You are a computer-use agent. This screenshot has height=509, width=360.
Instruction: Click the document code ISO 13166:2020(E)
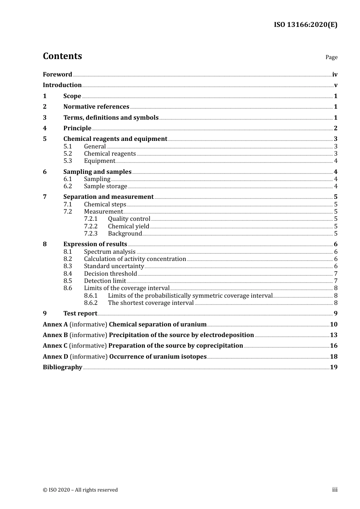tap(305, 25)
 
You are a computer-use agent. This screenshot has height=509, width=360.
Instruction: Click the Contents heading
tap(62, 56)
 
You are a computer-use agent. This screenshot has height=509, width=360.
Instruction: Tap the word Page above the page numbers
tap(331, 57)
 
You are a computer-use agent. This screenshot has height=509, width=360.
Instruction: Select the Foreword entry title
tap(57, 75)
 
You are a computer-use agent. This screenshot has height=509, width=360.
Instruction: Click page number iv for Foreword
tap(335, 75)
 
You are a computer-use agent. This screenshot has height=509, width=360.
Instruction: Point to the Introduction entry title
tap(62, 85)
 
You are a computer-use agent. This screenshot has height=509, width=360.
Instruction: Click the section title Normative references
tap(96, 107)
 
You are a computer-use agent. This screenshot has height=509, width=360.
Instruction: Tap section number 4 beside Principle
tap(45, 128)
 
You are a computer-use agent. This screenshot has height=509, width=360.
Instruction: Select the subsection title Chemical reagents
tap(110, 154)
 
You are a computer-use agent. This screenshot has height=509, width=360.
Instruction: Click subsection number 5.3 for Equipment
tap(67, 161)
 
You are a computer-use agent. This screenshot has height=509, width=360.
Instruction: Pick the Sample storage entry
tap(105, 186)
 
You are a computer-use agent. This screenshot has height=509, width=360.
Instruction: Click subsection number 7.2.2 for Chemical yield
tap(91, 226)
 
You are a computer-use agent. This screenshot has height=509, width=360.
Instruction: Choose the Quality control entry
tap(129, 219)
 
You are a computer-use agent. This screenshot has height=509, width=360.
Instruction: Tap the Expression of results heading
tap(95, 244)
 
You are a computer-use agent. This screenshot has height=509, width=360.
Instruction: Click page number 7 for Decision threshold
tap(336, 274)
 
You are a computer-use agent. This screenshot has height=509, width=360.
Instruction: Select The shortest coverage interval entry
tap(151, 303)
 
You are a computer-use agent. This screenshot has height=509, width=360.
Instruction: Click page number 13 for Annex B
tap(333, 335)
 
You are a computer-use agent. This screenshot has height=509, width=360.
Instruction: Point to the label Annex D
tap(55, 357)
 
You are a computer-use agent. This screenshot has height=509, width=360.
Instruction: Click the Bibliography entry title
tap(63, 367)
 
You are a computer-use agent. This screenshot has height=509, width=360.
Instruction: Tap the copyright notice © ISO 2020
tap(80, 490)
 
